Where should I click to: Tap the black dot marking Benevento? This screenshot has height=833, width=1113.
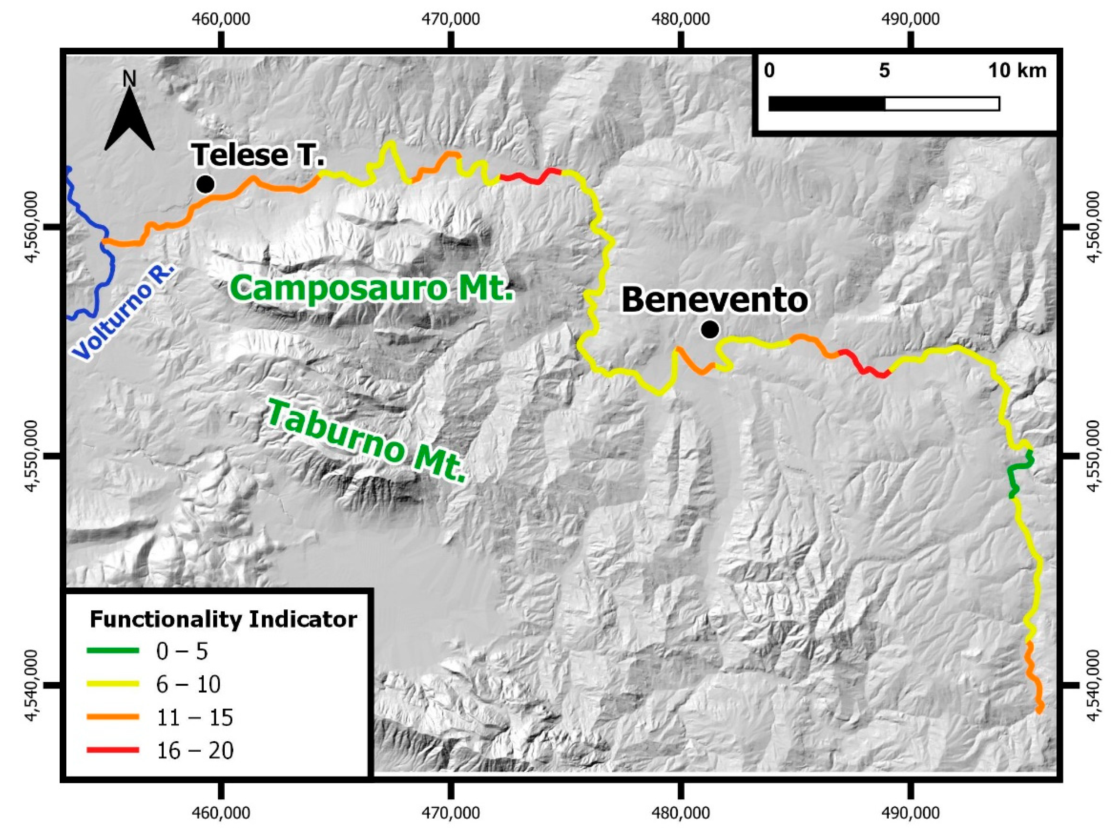tap(710, 330)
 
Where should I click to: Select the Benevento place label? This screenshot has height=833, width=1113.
tap(715, 300)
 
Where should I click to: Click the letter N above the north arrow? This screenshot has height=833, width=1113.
tap(129, 79)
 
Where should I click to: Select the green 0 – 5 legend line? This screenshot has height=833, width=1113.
tap(113, 650)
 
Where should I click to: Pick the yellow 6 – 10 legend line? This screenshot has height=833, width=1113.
tap(113, 683)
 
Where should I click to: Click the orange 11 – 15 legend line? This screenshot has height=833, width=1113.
tap(113, 717)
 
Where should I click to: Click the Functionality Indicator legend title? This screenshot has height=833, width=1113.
tap(223, 619)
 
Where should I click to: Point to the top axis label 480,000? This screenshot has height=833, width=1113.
tap(680, 19)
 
